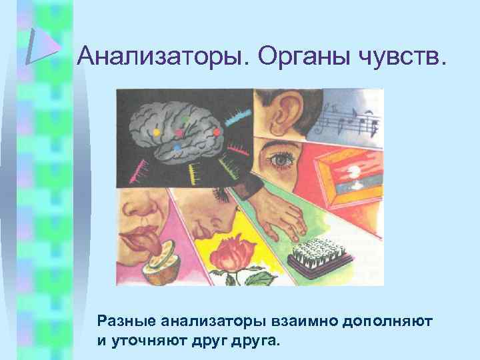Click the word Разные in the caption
pyautogui.click(x=127, y=321)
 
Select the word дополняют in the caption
pyautogui.click(x=387, y=321)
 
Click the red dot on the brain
pyautogui.click(x=216, y=131)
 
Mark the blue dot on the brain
pyautogui.click(x=176, y=147)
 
